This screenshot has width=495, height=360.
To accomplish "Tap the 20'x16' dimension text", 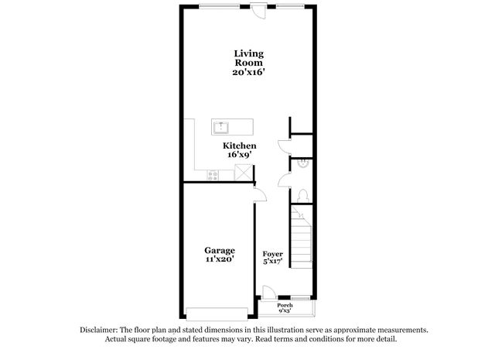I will click(x=249, y=72).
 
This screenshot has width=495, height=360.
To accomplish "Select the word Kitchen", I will click(x=240, y=146).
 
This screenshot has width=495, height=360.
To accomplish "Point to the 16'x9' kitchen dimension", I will click(x=240, y=155).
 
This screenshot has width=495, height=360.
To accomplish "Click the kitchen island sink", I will click(x=222, y=125).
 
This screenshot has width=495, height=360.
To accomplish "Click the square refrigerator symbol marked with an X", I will click(x=244, y=174).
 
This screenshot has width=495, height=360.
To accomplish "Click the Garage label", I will click(x=219, y=250).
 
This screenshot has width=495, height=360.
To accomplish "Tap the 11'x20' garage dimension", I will click(x=219, y=259).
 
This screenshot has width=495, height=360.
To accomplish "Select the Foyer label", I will click(x=271, y=254).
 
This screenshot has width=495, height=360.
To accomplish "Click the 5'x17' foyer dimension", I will click(x=271, y=262).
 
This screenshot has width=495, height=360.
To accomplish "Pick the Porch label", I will click(x=285, y=305).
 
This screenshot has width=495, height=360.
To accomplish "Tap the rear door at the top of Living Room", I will click(x=258, y=11).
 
